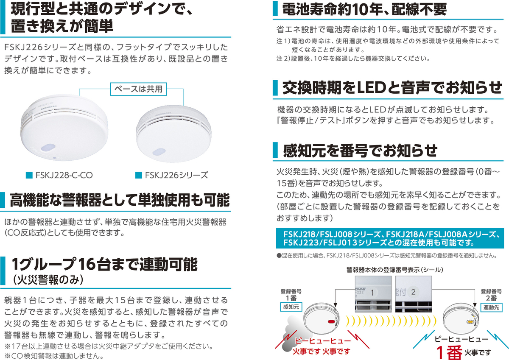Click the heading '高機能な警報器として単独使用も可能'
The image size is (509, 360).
point(119,199)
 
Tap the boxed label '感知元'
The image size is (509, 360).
point(291,307)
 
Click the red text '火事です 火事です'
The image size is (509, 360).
point(322,351)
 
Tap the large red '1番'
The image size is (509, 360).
point(451,352)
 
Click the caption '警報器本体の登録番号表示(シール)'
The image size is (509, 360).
point(394,269)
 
